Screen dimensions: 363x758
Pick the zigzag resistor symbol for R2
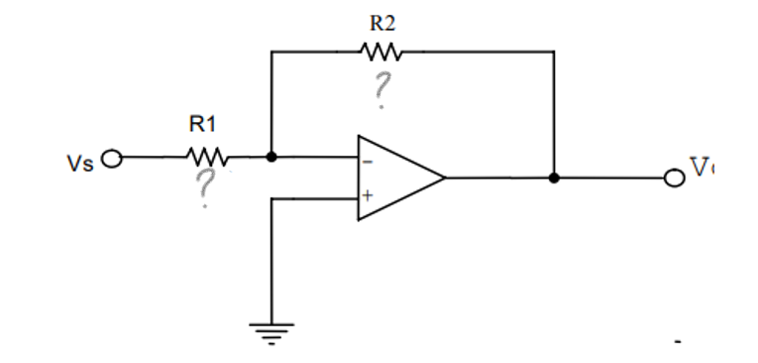(380, 51)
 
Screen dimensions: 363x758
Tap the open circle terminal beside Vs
(112, 158)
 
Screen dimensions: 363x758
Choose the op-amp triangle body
(396, 178)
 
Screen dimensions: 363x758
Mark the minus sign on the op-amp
(366, 158)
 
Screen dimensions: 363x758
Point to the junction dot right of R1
(271, 157)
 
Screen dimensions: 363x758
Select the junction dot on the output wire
(554, 179)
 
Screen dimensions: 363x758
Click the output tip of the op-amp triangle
(444, 179)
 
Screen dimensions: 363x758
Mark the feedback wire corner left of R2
(271, 51)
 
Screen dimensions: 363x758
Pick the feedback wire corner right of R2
(554, 51)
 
